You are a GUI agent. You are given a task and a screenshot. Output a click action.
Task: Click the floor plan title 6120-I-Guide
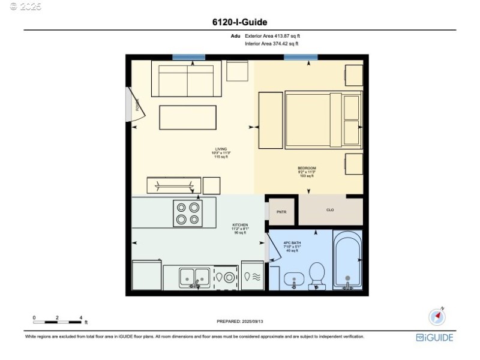pos(239,23)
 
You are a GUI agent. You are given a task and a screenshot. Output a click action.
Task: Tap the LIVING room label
pos(221,149)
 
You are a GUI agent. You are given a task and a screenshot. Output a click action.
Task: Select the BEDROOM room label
pos(307,168)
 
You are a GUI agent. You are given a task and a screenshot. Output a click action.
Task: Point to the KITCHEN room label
pos(240,226)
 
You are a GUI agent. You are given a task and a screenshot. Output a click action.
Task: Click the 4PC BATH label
pos(292,243)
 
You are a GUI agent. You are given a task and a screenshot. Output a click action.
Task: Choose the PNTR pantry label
pos(281,211)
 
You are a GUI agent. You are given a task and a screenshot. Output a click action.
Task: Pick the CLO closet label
pos(330,210)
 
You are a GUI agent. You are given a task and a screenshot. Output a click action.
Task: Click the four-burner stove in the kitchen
pos(187,213)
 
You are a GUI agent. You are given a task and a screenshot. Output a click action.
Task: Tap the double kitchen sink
pos(194,277)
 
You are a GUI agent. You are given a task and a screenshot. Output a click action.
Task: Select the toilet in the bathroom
pos(317,275)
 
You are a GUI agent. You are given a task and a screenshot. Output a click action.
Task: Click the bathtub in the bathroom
pos(347,262)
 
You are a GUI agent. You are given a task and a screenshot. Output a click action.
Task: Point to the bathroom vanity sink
pos(293,279)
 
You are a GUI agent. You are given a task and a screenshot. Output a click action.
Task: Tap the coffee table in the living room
pos(188,117)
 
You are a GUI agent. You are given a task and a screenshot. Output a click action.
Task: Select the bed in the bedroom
pos(323,119)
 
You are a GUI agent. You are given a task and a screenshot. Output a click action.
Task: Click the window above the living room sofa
pos(188,57)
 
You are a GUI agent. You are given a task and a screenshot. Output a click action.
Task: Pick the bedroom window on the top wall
pos(301,57)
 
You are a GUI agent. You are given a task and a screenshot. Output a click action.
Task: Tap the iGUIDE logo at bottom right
pos(435,338)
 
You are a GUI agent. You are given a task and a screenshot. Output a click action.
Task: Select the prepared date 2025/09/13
pos(239,322)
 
